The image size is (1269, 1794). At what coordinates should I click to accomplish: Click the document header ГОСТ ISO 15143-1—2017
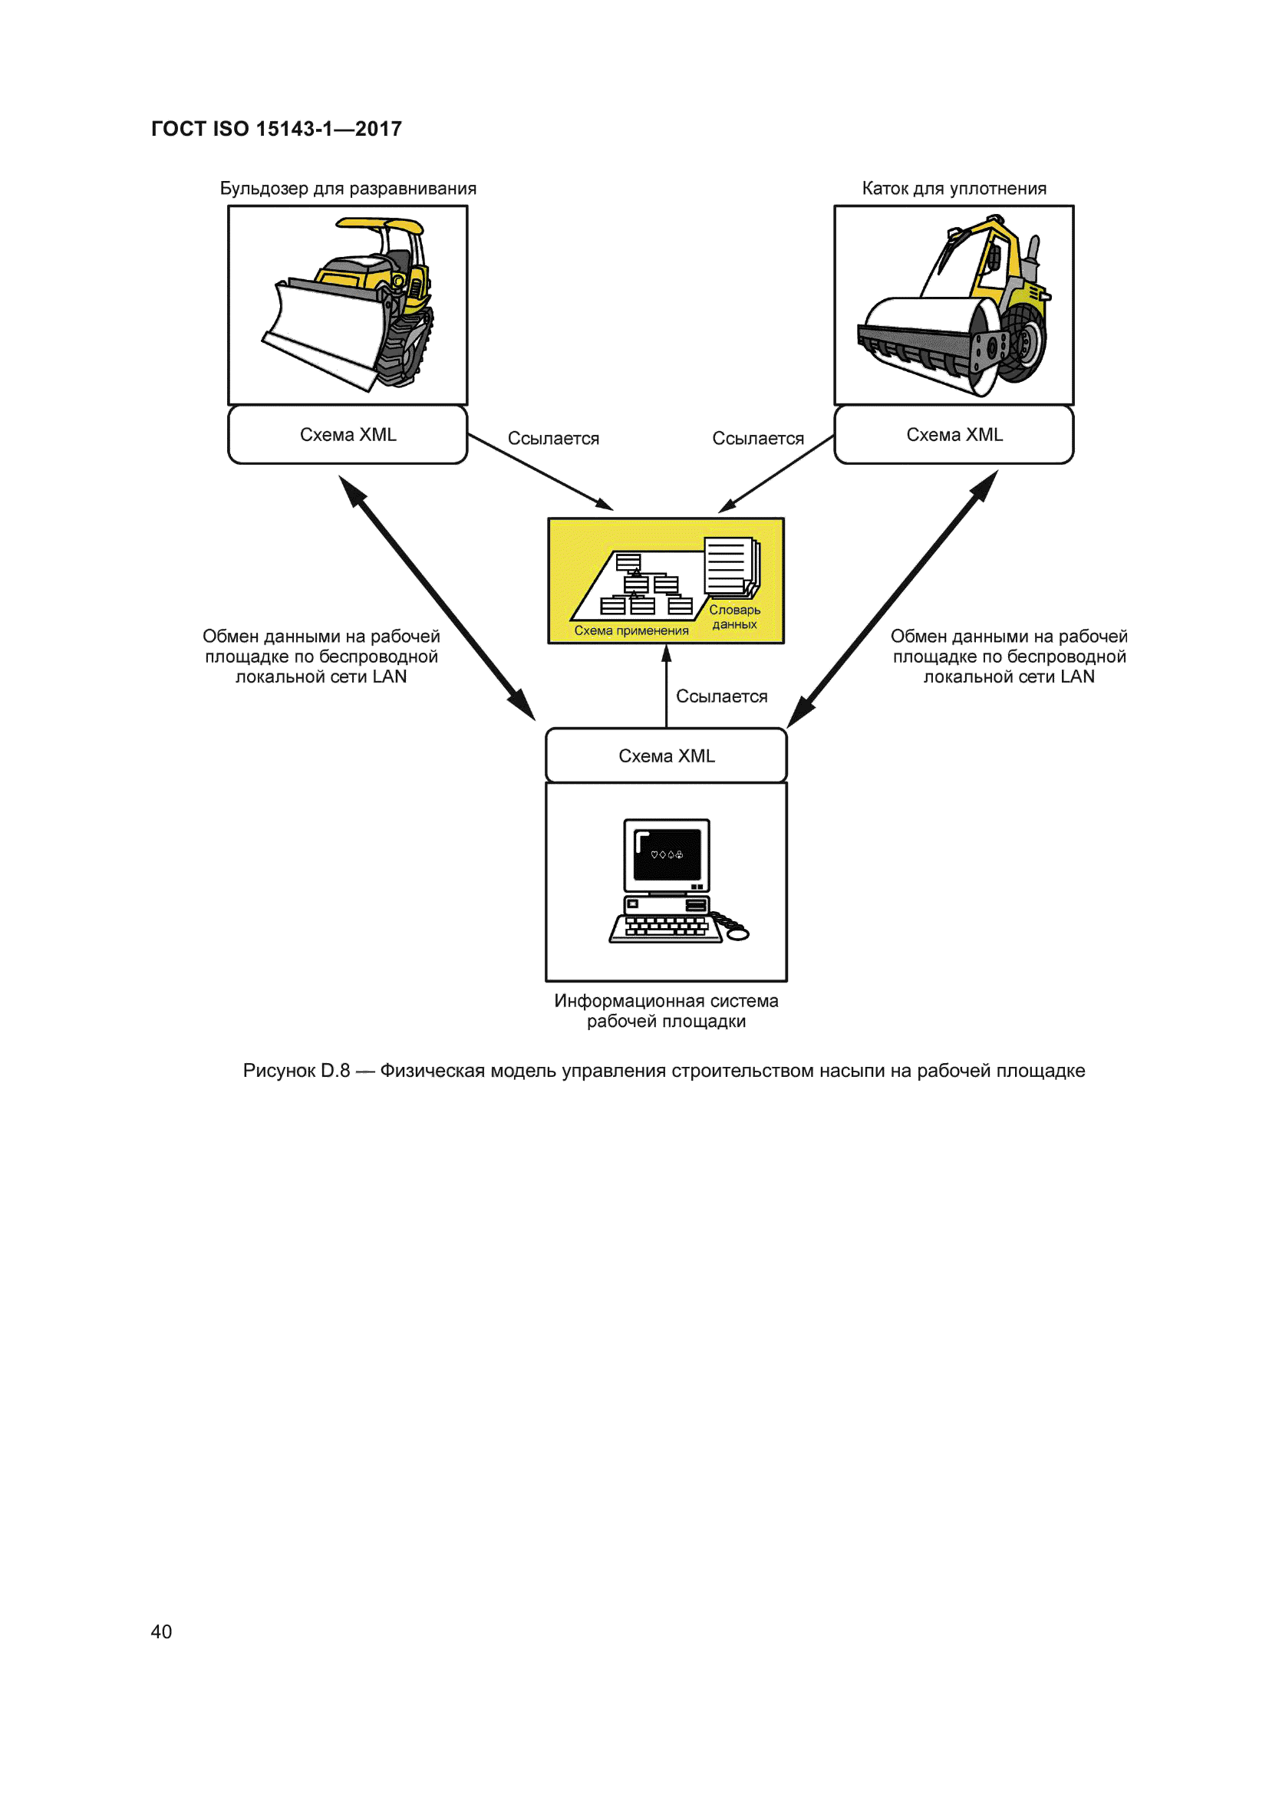click(x=276, y=129)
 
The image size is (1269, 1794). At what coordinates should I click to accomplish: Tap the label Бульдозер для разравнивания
click(x=348, y=189)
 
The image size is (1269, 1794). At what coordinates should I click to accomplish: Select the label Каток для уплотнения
click(x=954, y=189)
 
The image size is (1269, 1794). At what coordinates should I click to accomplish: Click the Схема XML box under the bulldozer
click(x=348, y=434)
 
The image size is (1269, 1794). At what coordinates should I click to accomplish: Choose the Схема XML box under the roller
click(x=954, y=434)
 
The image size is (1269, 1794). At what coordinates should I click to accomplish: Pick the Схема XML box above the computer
click(x=666, y=755)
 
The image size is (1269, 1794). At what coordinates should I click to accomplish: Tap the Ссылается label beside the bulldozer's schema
click(x=553, y=439)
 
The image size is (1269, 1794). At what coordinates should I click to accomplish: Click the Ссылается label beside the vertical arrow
click(x=721, y=696)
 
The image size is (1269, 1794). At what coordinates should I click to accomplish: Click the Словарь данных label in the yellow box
click(x=734, y=617)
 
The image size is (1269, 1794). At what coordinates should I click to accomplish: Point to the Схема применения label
click(x=631, y=630)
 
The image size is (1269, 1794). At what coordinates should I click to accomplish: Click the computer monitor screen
click(x=667, y=854)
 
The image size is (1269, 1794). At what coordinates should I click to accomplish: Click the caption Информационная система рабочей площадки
click(x=666, y=1010)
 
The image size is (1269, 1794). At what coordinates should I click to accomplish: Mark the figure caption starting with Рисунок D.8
click(x=664, y=1071)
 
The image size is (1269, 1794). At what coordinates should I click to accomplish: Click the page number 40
click(x=161, y=1631)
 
